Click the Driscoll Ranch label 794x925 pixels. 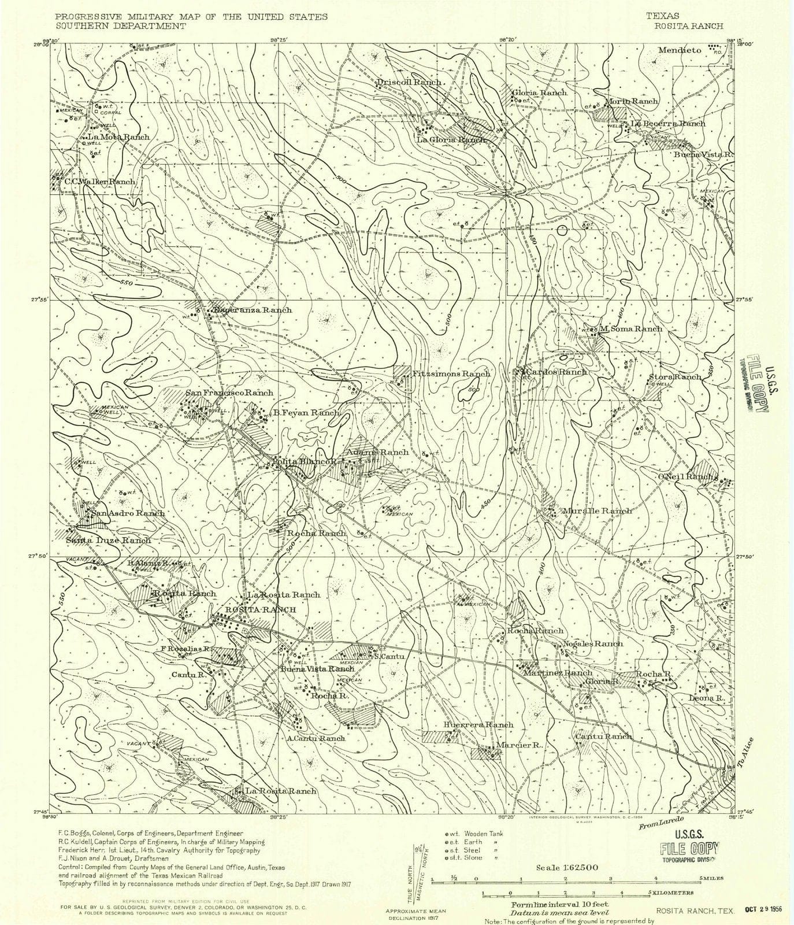tap(409, 82)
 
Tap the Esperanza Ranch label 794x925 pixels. tap(252, 310)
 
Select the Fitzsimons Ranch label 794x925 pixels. tap(451, 373)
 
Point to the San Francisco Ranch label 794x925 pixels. tap(229, 393)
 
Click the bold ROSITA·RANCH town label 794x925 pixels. tap(260, 610)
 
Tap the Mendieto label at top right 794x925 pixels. tap(680, 50)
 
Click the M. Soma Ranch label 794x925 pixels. tap(630, 328)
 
